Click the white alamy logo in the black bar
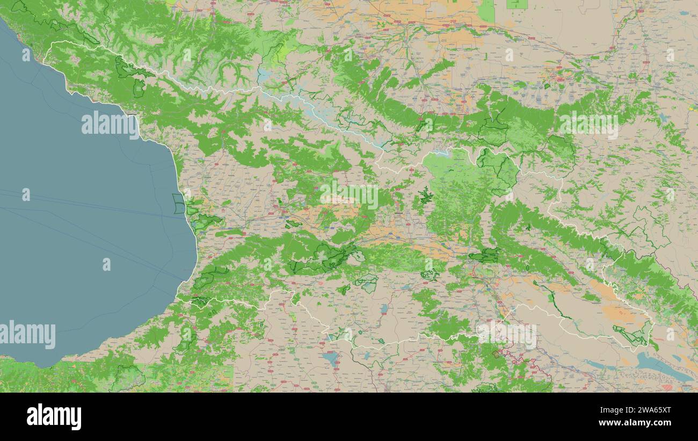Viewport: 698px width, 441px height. click(x=54, y=417)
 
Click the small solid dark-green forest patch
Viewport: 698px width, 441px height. click(x=426, y=196)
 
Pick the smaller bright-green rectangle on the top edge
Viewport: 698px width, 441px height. click(x=517, y=4)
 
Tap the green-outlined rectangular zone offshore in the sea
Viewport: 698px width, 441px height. click(x=178, y=204)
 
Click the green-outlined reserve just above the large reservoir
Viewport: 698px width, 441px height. click(x=632, y=336)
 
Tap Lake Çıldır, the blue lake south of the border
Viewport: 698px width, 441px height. click(x=331, y=358)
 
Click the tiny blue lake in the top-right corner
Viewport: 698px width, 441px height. click(x=682, y=13)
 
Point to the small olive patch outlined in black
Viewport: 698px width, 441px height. click(x=497, y=353)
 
